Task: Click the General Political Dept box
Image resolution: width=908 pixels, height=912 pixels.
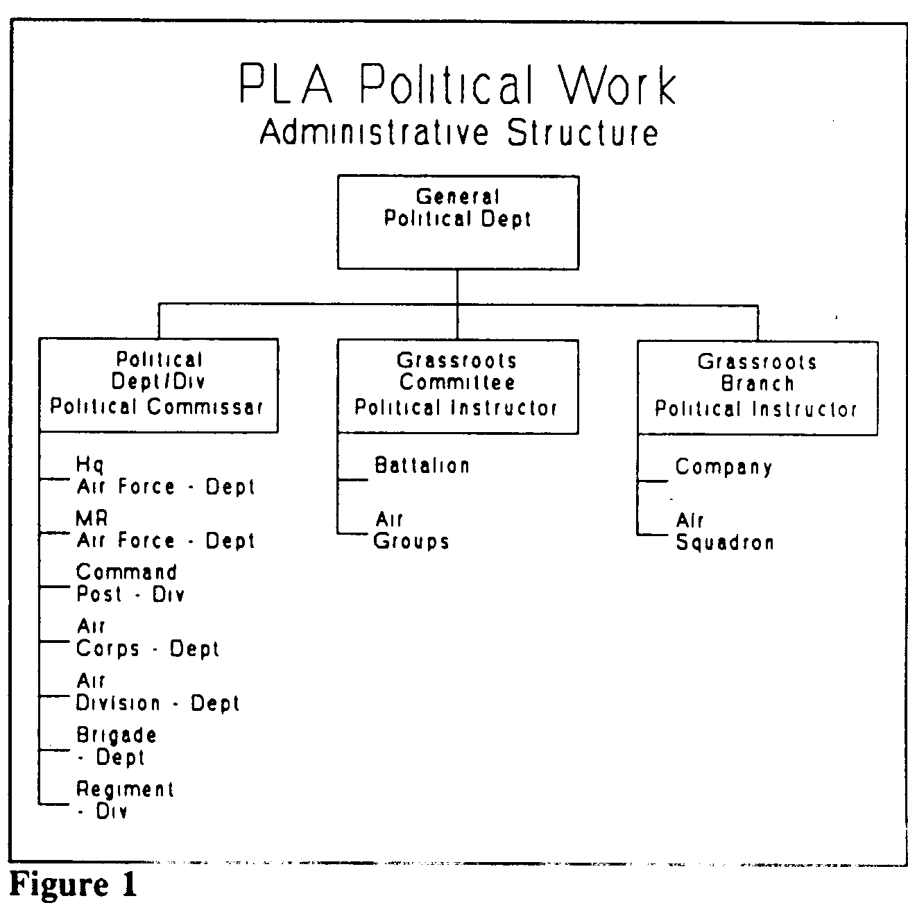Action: pos(458,222)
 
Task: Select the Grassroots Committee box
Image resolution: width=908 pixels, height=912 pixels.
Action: pos(458,386)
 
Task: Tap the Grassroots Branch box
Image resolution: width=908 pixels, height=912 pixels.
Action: pos(757,388)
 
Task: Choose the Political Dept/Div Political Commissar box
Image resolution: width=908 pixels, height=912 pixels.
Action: pos(159,385)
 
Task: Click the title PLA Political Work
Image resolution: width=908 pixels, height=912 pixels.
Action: pos(458,84)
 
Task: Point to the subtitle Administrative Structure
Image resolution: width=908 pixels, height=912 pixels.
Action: pos(459,132)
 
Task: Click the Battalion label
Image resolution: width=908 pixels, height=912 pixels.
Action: pos(422,465)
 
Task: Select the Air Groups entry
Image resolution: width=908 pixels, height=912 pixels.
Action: pos(411,531)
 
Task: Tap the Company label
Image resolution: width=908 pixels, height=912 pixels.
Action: pos(723,467)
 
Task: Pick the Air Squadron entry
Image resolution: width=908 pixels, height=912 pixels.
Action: pos(725,532)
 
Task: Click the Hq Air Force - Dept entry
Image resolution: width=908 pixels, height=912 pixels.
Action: pos(165,476)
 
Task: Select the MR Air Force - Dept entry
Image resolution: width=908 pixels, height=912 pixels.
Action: pos(165,530)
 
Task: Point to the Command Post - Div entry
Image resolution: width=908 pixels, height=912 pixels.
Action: pos(130,583)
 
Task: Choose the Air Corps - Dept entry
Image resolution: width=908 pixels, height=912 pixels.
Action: pos(147,639)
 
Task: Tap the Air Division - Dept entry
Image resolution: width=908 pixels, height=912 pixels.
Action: pos(157,692)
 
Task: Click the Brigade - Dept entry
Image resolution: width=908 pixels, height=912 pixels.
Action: pos(117,747)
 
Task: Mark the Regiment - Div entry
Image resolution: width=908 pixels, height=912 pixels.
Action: pos(125,801)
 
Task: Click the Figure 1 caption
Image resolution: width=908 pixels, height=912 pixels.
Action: pos(74,884)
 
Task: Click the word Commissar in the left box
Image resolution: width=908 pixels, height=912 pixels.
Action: pos(205,407)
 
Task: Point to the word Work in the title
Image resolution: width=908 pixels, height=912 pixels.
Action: pos(618,84)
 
